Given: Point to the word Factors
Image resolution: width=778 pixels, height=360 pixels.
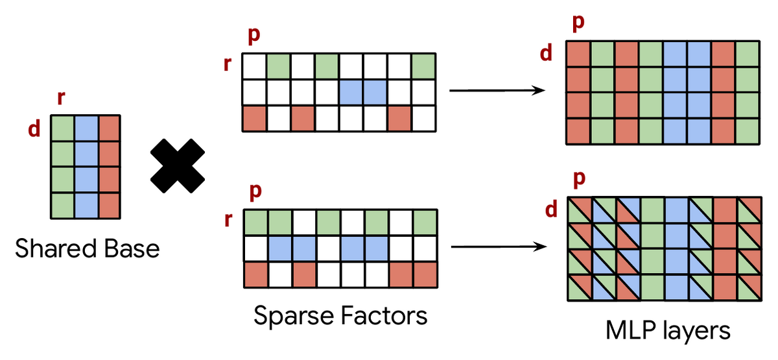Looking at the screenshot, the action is [x=384, y=316].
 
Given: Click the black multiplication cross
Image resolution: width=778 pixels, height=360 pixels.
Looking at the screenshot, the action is [x=178, y=166].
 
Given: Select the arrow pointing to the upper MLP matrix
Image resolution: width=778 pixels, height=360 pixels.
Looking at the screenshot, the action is [x=497, y=91].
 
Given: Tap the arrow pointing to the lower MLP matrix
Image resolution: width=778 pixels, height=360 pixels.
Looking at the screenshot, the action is [x=499, y=246].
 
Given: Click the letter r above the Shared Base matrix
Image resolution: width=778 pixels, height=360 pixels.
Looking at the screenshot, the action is [x=61, y=98].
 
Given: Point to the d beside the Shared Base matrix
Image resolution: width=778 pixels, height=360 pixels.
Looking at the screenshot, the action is [x=34, y=128].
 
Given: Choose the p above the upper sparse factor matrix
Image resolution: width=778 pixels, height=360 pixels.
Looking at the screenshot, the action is [x=254, y=36].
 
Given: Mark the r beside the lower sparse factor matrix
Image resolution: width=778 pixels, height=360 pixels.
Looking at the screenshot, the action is [x=228, y=220].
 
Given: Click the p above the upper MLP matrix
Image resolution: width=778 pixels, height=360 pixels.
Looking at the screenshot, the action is [x=578, y=23].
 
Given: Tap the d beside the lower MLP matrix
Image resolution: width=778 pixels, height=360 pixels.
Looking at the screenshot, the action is [x=551, y=210].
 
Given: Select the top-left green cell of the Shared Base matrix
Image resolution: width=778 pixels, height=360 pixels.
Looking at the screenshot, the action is [x=62, y=128].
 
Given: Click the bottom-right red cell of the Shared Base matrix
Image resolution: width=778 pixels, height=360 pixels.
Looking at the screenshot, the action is [x=110, y=206].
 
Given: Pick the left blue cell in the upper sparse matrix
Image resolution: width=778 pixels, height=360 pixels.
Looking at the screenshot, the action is [x=351, y=92].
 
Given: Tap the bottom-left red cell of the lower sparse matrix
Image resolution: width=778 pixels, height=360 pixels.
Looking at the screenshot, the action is [x=256, y=275].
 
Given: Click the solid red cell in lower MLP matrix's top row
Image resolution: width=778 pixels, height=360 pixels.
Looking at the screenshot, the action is [x=725, y=210].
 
